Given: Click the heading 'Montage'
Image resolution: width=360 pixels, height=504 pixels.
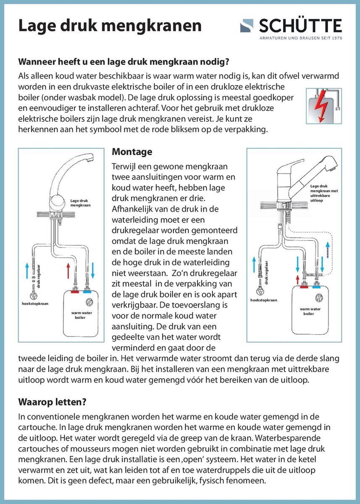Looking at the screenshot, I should tap(132, 152).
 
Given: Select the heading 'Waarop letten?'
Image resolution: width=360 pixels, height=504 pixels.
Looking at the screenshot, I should tap(53, 402).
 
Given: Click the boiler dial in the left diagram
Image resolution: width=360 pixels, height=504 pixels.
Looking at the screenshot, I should tap(89, 302).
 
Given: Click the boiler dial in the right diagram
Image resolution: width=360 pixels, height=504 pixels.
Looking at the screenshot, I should tap(319, 298).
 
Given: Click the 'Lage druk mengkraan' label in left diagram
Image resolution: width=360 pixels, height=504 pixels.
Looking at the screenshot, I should tap(80, 203).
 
